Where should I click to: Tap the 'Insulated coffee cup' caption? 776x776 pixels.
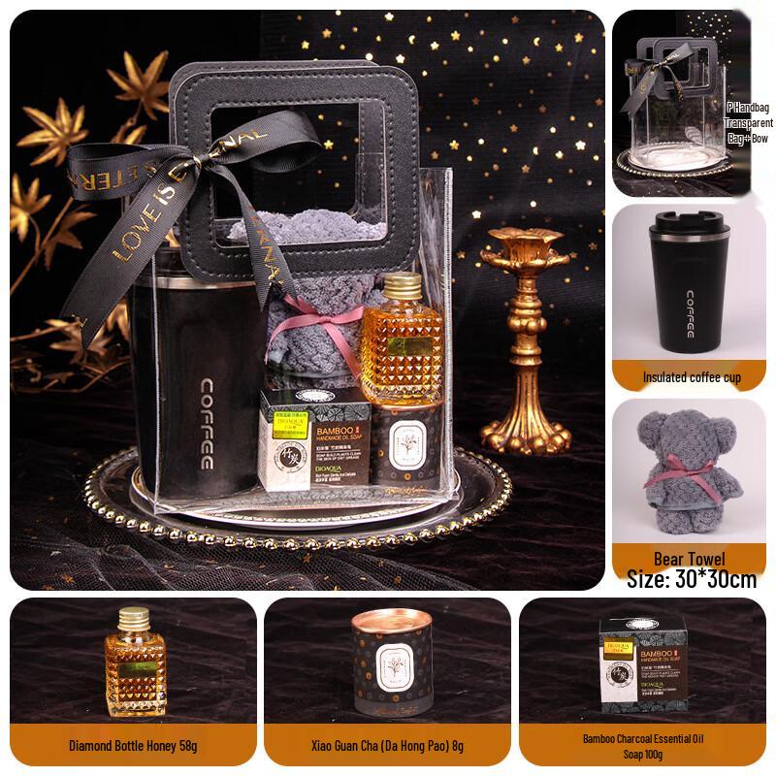pos(692,377)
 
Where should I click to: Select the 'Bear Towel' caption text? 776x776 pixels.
pos(691,559)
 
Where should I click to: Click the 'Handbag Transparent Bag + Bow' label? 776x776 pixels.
pos(750,124)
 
